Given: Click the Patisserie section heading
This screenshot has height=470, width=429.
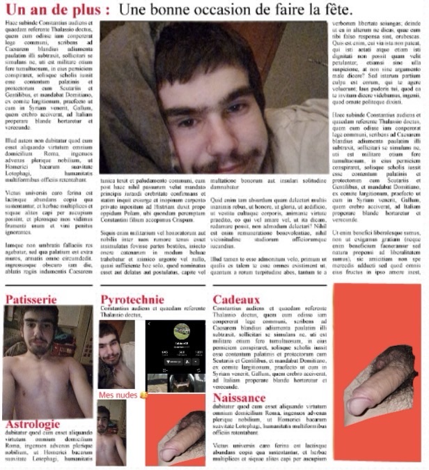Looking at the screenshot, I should (x=31, y=299).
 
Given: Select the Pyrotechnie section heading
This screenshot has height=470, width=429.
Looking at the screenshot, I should (x=132, y=299).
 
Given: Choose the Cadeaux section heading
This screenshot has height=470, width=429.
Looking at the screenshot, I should (x=236, y=299).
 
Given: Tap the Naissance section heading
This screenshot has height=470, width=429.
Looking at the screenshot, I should (x=239, y=397).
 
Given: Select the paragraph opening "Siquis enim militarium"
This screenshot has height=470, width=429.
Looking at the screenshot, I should (x=153, y=251).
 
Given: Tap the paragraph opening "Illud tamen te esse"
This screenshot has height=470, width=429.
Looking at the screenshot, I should (x=265, y=266).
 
